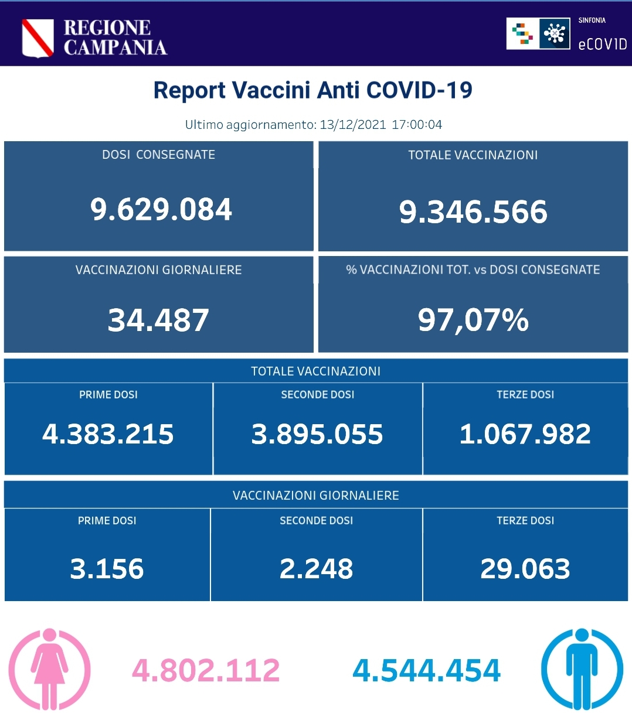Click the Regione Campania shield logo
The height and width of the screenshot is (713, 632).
[x=38, y=37]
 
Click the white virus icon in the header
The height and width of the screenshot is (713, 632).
[x=554, y=33]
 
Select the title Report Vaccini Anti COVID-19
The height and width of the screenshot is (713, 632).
[x=312, y=90]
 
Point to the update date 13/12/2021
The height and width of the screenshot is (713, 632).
[x=352, y=125]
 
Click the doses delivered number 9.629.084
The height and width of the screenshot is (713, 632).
[x=161, y=210]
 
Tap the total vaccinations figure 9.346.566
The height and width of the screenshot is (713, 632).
[x=473, y=211]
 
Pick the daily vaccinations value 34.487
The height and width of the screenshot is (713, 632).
[x=158, y=320]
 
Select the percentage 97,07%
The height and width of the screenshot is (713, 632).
[x=473, y=320]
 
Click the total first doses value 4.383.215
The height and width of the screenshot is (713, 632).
[x=108, y=434]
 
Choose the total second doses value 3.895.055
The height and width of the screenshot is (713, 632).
[x=317, y=434]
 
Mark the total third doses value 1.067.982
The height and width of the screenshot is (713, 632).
[x=525, y=434]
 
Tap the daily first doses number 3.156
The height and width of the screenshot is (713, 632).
[x=107, y=569]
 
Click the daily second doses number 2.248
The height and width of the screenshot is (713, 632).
[x=316, y=569]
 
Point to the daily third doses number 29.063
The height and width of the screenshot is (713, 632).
[x=525, y=569]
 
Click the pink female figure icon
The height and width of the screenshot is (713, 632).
[x=50, y=668]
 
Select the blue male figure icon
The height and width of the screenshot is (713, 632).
[x=582, y=668]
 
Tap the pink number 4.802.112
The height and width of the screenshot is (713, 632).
[x=206, y=671]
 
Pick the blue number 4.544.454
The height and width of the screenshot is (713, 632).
[x=427, y=671]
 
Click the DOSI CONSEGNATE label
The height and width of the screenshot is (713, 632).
[x=158, y=155]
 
